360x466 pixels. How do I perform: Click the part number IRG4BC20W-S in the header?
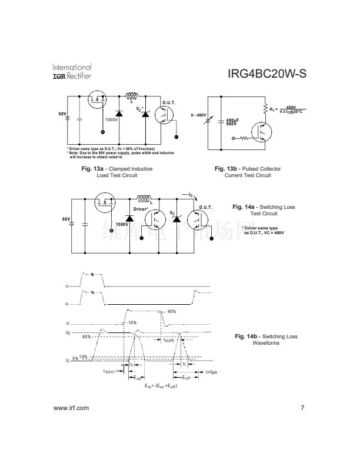266,75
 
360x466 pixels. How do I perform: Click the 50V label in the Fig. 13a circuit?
62,112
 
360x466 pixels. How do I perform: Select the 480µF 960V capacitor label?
231,122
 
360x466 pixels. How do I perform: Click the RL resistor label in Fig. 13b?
272,108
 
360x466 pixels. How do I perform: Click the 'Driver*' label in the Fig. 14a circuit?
139,209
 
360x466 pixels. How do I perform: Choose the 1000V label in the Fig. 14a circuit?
122,224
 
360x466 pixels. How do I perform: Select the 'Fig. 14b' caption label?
244,336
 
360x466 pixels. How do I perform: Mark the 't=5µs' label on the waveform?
211,372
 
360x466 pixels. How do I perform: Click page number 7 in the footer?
302,408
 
